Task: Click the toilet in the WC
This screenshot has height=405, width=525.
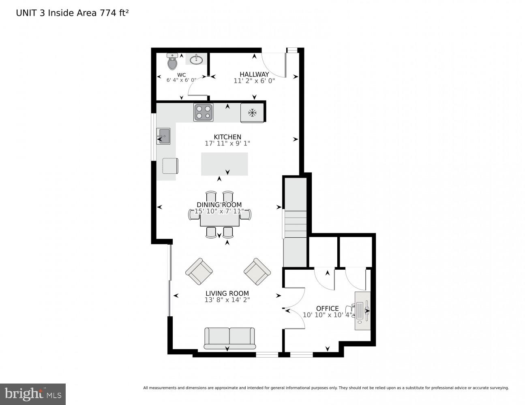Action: (172, 62)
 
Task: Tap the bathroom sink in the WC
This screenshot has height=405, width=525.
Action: (196, 60)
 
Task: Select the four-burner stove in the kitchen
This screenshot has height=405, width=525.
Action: (204, 112)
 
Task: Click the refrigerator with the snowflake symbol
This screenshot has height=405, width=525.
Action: (252, 113)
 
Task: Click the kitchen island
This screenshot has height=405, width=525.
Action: (224, 164)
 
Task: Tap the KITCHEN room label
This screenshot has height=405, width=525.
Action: (227, 137)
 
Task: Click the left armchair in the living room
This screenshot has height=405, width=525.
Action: (199, 271)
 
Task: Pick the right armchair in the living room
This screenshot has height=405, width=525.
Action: (257, 271)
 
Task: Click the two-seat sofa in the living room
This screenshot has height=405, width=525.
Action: (229, 338)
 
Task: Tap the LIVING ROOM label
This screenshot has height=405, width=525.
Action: (227, 294)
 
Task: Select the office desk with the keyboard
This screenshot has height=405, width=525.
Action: (362, 310)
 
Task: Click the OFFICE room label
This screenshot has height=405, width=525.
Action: (327, 309)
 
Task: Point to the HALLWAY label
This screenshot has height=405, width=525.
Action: (254, 74)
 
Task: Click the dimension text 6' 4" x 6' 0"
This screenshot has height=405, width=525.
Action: (181, 80)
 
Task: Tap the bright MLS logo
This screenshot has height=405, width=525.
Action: (32, 394)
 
